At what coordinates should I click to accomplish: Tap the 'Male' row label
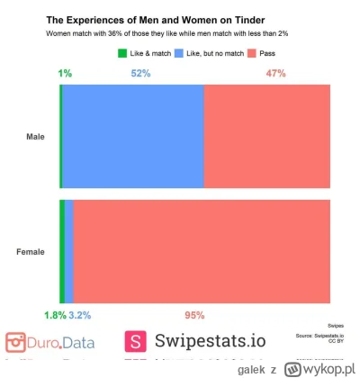pos(35,137)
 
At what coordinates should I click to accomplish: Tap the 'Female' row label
pos(31,251)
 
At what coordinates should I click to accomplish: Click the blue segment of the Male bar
pos(133,137)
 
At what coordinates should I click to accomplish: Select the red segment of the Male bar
pos(267,137)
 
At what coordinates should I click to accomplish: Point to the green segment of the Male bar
pos(60,137)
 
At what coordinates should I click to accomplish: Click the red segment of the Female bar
pos(202,251)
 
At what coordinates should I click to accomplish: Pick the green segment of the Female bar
pos(62,251)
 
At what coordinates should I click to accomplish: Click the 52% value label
pos(140,73)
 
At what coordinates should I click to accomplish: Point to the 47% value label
pos(276,73)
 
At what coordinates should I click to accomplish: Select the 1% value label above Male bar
pos(66,73)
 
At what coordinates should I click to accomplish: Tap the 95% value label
pos(194,315)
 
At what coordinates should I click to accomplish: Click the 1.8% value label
pos(55,315)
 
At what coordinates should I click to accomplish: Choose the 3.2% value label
pos(80,315)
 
